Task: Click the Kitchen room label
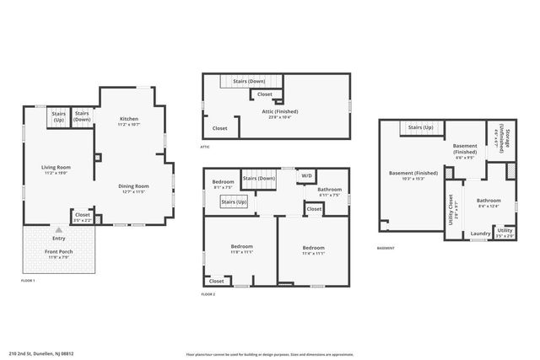[129, 119]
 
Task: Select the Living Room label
[57, 167]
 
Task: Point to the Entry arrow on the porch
[58, 229]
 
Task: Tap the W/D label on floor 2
[307, 175]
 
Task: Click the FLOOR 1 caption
[28, 280]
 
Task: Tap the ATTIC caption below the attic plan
[205, 147]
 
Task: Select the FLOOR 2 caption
[208, 294]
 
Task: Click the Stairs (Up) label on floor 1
[59, 116]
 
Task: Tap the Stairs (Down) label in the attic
[251, 82]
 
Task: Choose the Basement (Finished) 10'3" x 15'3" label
[407, 174]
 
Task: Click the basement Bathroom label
[489, 200]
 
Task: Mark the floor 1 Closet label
[83, 215]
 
